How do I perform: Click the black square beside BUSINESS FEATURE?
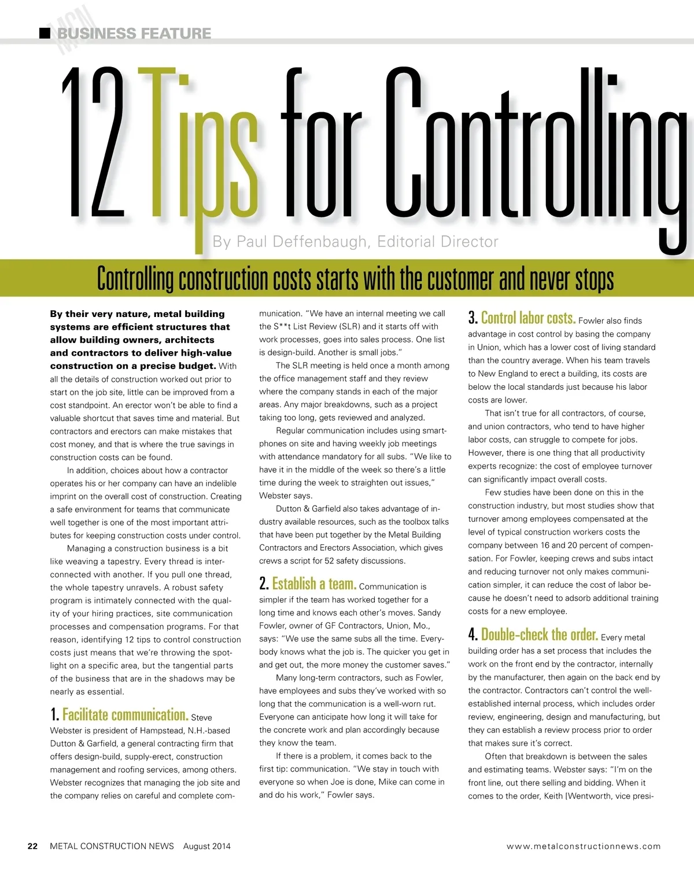(x=45, y=33)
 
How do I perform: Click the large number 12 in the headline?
(x=94, y=143)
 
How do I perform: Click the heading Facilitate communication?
(x=125, y=715)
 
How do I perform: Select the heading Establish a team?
(x=314, y=584)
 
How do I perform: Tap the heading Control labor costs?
(x=528, y=318)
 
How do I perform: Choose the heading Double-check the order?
(x=539, y=635)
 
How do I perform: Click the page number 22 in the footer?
(x=33, y=846)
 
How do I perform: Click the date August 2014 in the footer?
(x=206, y=846)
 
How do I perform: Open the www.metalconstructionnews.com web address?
(x=584, y=846)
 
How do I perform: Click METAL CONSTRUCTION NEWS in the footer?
(x=112, y=846)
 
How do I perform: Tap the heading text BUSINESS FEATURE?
(x=134, y=34)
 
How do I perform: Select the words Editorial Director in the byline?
(x=438, y=241)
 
